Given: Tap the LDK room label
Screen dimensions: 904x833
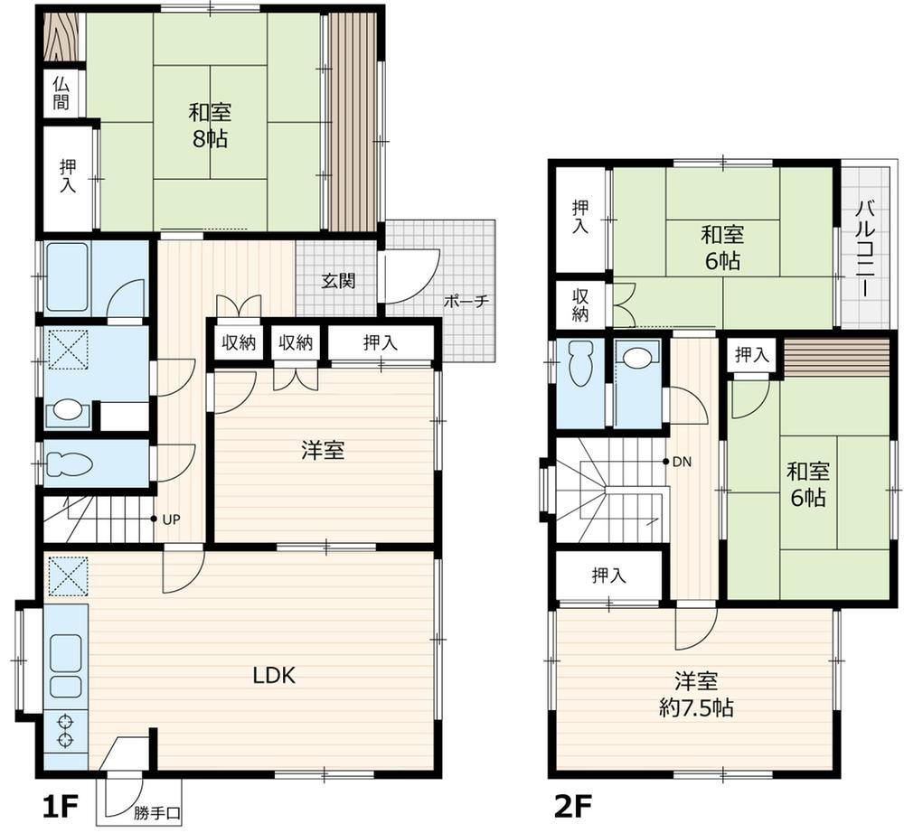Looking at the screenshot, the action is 274,675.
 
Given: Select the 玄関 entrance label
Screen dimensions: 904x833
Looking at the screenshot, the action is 338,281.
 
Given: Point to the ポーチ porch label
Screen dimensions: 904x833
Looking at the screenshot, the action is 466,301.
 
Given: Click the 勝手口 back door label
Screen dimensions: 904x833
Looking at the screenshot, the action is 157,813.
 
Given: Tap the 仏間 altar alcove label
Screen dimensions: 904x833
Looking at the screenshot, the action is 61,93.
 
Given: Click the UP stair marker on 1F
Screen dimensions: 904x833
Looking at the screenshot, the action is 171,519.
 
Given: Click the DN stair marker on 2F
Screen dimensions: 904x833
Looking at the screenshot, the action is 682,462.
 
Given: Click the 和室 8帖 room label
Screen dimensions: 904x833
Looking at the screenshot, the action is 210,125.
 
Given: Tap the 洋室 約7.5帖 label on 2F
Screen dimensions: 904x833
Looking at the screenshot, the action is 696,695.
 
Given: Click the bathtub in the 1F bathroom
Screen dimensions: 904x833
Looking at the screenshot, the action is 68,277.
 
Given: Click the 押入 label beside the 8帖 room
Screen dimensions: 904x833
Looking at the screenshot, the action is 68,176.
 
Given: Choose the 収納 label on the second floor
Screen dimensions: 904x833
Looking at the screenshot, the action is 580,305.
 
